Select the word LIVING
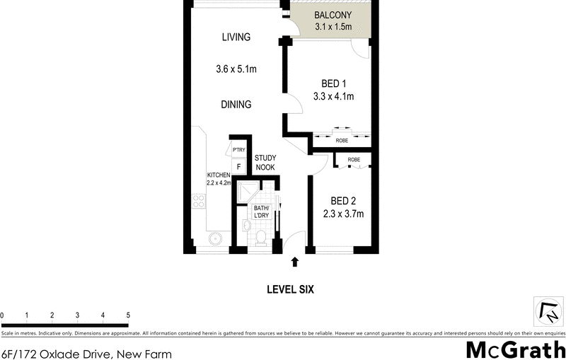pyautogui.click(x=236, y=37)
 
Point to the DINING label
pyautogui.click(x=236, y=104)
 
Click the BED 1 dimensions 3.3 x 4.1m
pyautogui.click(x=333, y=96)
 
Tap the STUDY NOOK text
pyautogui.click(x=265, y=163)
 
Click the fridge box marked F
pyautogui.click(x=238, y=167)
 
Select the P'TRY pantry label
pyautogui.click(x=238, y=150)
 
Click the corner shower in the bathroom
pyautogui.click(x=248, y=192)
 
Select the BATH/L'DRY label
pyautogui.click(x=261, y=211)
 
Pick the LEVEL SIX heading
pyautogui.click(x=289, y=289)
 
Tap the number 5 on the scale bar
pyautogui.click(x=128, y=315)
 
